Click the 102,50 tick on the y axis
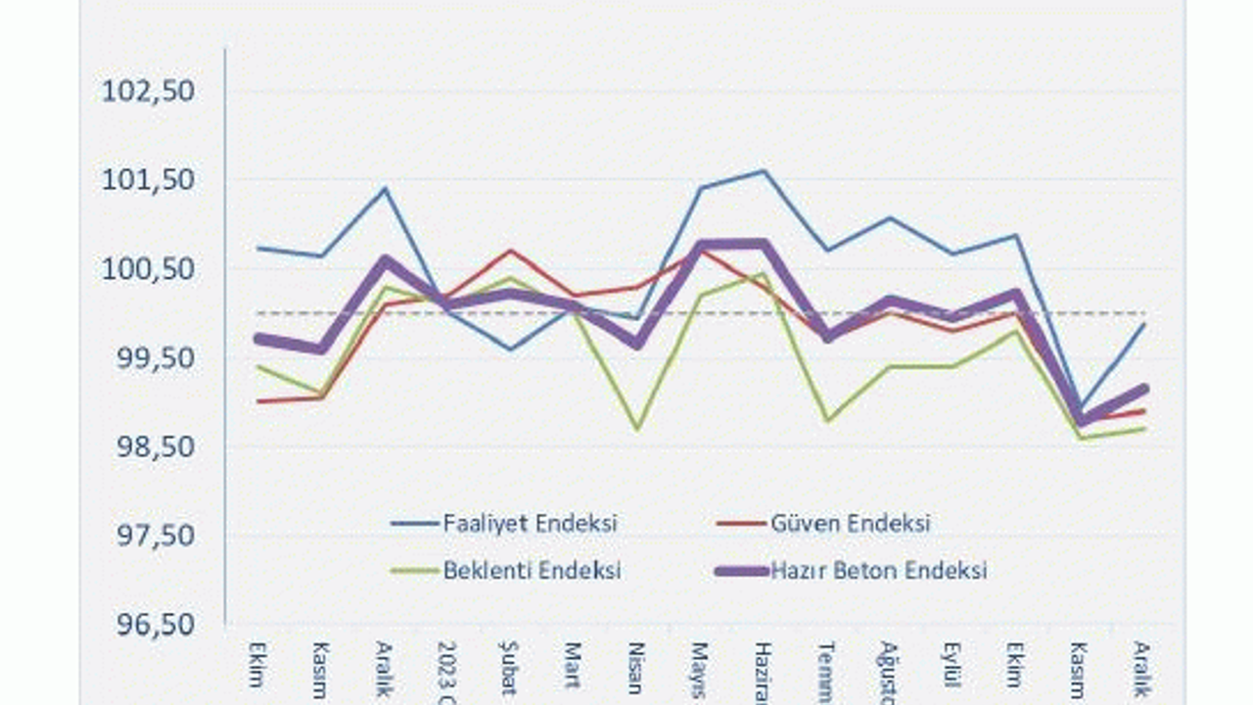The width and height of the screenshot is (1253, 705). tap(149, 90)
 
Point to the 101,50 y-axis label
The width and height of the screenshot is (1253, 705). tap(149, 179)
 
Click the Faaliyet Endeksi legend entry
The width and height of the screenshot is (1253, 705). tap(530, 523)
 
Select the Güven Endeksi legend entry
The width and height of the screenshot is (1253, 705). tap(850, 523)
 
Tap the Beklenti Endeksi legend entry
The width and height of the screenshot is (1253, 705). tap(532, 570)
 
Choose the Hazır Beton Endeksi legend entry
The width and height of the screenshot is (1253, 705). tap(878, 570)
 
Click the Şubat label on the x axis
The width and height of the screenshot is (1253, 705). tap(508, 669)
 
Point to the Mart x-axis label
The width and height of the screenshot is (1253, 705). tap(572, 665)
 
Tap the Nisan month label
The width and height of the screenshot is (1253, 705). tap(636, 668)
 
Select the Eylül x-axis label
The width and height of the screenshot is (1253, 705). tap(951, 666)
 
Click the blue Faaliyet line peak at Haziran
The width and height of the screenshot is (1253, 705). tap(764, 171)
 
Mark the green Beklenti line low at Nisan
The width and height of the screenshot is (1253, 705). tap(637, 429)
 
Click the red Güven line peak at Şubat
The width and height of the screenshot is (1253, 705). tap(510, 251)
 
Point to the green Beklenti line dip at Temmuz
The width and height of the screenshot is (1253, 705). tap(827, 421)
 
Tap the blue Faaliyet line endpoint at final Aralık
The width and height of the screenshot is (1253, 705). tap(1142, 324)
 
